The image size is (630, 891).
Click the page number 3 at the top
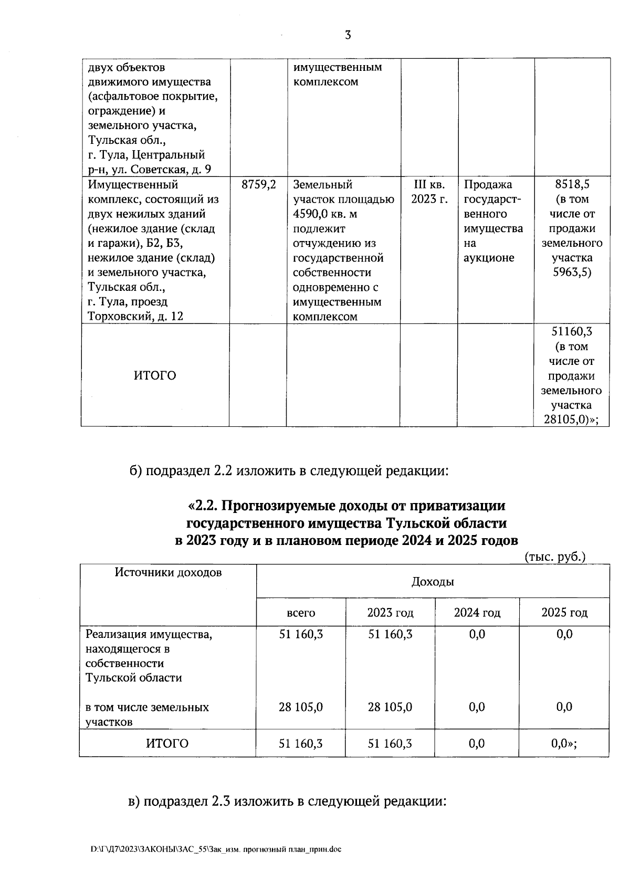click(348, 36)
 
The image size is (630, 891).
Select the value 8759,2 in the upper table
click(259, 185)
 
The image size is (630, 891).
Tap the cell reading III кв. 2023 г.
click(429, 192)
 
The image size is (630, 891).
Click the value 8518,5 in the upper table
click(572, 185)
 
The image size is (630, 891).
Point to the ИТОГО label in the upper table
click(155, 376)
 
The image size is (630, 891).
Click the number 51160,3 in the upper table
click(572, 332)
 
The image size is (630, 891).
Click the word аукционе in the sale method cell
click(489, 258)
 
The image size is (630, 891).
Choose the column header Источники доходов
click(168, 573)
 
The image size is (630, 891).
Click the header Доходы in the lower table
click(433, 582)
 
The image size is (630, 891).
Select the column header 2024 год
click(477, 613)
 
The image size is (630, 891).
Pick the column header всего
click(301, 613)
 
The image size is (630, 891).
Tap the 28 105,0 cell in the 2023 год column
click(390, 707)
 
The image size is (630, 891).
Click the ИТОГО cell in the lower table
click(167, 743)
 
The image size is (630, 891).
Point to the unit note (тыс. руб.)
click(555, 557)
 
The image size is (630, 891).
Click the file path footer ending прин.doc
click(216, 850)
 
